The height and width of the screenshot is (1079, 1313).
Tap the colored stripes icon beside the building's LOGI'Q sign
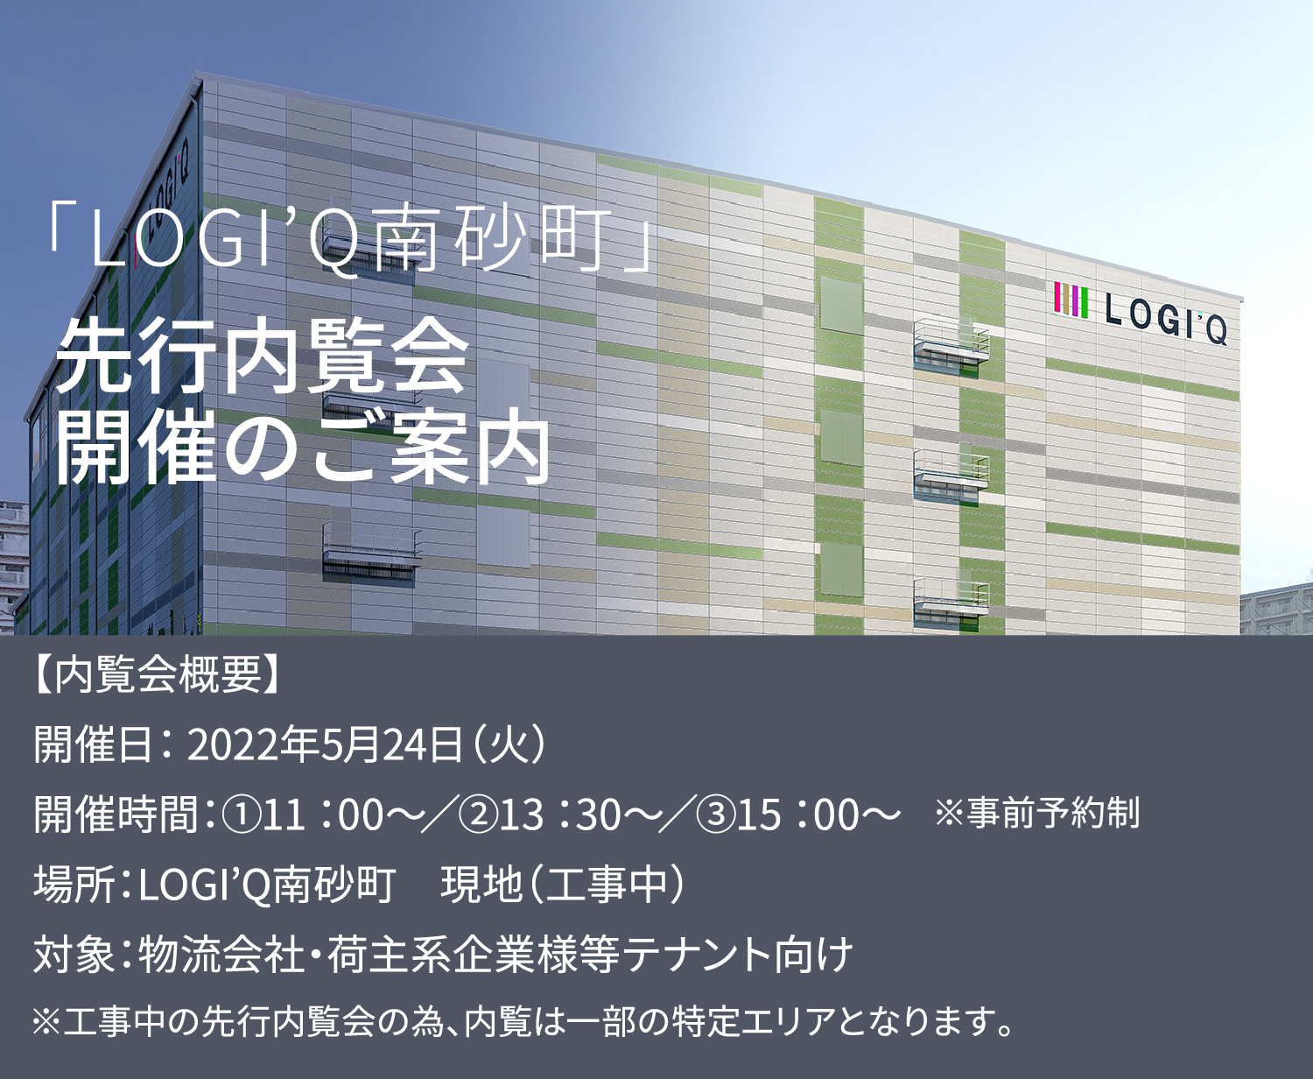pyautogui.click(x=1071, y=300)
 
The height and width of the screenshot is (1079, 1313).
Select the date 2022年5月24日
pyautogui.click(x=326, y=745)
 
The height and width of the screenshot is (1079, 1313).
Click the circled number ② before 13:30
pyautogui.click(x=478, y=815)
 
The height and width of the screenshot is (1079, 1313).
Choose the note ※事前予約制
pyautogui.click(x=1037, y=813)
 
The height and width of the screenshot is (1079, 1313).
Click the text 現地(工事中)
pyautogui.click(x=562, y=884)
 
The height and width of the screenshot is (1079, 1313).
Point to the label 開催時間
pyautogui.click(x=116, y=815)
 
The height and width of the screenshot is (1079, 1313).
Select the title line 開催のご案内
pyautogui.click(x=303, y=447)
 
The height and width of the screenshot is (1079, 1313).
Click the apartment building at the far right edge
pyautogui.click(x=1276, y=610)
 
